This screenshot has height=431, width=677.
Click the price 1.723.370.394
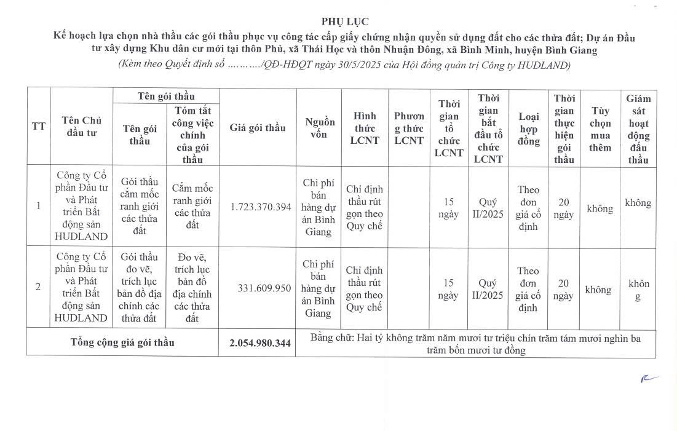261,207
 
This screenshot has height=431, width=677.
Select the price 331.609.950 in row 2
264,288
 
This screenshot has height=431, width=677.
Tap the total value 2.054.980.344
260,343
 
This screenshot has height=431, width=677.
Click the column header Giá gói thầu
258,128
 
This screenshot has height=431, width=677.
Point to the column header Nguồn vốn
320,128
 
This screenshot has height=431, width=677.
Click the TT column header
38,127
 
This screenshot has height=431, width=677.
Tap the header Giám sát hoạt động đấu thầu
638,129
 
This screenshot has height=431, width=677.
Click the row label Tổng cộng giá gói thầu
122,343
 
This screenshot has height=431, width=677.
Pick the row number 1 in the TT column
38,206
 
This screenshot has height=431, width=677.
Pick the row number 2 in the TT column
38,287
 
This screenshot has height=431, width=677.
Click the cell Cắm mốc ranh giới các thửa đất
192,207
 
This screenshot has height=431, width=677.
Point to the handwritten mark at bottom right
649,379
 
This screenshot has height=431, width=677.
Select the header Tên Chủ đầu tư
81,127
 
